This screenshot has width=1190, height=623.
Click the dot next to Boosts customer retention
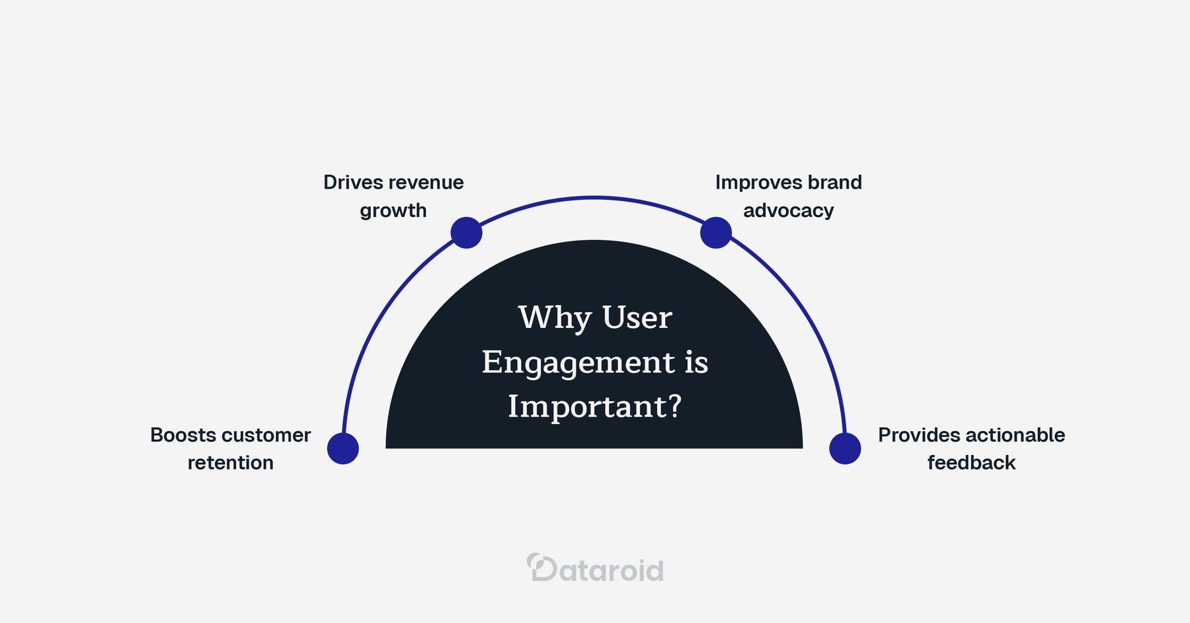[x=343, y=448]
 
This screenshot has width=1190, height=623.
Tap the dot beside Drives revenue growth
[x=466, y=233]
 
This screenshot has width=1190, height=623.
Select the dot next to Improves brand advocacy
[x=715, y=233]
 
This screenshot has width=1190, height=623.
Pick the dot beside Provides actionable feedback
[x=845, y=448]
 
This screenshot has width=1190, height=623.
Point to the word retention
[x=230, y=463]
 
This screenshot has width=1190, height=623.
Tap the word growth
[x=393, y=211]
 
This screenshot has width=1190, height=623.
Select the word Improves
[x=750, y=183]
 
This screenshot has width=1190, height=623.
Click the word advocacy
[x=788, y=211]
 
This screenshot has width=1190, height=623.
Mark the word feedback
[x=971, y=463]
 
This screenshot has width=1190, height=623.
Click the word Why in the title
[x=554, y=318]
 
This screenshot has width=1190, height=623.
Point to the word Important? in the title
[x=594, y=406]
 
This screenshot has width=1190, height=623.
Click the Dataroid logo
[x=595, y=569]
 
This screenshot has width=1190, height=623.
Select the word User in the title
[x=637, y=318]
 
